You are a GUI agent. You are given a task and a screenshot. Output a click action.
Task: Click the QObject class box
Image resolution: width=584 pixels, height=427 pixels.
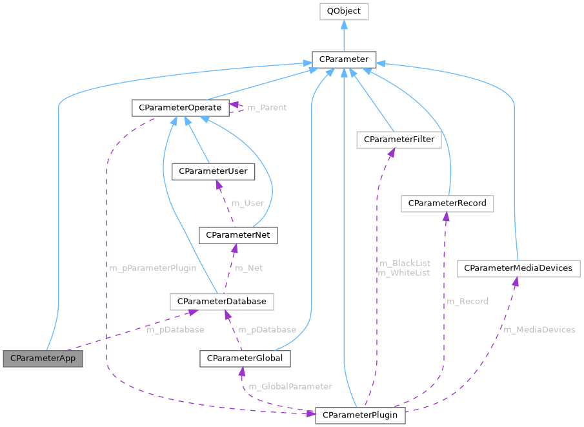click(x=344, y=12)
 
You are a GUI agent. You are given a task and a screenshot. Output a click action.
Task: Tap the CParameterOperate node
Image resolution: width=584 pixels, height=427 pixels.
click(x=180, y=107)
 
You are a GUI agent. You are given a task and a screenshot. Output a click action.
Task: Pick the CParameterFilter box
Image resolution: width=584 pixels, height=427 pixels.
click(x=399, y=140)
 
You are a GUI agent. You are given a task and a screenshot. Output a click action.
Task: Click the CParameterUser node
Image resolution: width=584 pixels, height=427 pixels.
click(x=213, y=171)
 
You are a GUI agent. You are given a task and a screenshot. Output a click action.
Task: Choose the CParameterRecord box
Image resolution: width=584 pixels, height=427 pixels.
click(x=447, y=203)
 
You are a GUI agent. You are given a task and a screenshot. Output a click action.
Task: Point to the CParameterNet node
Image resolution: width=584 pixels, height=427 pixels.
click(x=238, y=235)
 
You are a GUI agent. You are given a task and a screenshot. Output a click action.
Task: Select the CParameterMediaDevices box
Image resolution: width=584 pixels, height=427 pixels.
click(x=518, y=267)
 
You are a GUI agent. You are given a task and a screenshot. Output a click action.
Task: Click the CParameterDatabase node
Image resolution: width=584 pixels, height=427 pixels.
click(x=222, y=301)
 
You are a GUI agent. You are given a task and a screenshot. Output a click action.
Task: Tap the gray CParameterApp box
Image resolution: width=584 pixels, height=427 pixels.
click(x=43, y=357)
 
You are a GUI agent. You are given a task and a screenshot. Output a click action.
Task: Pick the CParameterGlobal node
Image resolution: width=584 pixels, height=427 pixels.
click(x=245, y=358)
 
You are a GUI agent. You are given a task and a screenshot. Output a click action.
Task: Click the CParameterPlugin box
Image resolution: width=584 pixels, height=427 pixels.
click(x=360, y=414)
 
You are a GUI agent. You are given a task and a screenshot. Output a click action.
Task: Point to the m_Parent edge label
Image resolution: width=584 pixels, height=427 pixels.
click(x=267, y=107)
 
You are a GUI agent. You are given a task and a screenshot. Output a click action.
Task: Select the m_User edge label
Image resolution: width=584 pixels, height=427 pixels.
click(x=247, y=203)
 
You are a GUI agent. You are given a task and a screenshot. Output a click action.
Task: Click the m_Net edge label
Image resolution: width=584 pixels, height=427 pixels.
click(x=248, y=267)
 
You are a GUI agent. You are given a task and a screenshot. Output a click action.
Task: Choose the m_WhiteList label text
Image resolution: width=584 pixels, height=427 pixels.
click(x=404, y=273)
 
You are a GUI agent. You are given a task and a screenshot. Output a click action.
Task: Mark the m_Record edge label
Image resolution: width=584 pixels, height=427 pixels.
click(x=467, y=301)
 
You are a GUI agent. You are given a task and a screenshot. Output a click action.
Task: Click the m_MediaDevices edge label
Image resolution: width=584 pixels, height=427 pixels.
click(x=539, y=329)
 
